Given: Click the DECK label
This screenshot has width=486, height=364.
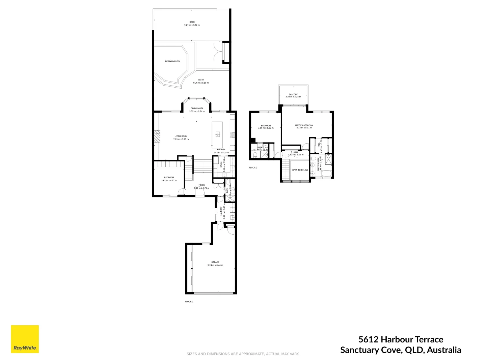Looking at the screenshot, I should pos(192,22).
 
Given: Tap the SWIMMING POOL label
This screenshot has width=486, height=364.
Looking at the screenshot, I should pos(172,61).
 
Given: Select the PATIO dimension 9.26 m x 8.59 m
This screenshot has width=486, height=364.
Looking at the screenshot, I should pos(201,83).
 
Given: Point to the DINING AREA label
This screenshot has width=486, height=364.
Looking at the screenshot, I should pos(197,109).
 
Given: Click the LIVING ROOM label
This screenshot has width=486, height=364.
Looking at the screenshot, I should pos(181,136).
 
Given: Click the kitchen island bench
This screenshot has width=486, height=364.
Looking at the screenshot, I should pos(217,134).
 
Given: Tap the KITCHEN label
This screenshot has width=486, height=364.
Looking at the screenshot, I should pos(221,150).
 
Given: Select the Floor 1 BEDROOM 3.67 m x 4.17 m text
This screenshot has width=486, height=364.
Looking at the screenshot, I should pos(169,181).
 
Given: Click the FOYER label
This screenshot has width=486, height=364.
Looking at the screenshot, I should pos(201,185).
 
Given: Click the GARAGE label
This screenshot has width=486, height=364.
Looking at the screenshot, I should pos(215,262).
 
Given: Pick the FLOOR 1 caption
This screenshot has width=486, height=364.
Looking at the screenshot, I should pos(189,302).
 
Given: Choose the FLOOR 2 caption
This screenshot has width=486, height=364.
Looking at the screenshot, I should pos(253,168).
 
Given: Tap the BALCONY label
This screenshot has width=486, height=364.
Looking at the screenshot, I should pos(293,95).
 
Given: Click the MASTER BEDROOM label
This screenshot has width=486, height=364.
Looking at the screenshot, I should pos(304,126).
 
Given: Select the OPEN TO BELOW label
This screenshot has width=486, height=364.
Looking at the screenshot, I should pos(300,170).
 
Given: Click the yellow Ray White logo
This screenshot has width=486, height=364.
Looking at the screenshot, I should pos(25,339).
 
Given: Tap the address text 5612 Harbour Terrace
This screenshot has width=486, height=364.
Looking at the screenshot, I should pos(401,339).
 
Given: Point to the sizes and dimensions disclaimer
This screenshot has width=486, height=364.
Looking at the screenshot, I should pos(243,354).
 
